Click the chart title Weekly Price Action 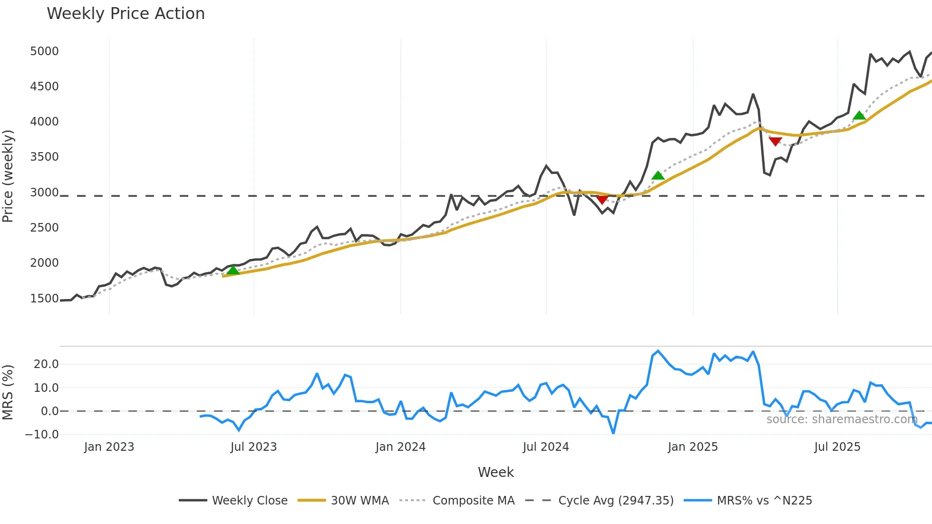(x=126, y=14)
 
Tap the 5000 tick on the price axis (x=44, y=51)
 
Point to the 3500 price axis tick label (x=44, y=157)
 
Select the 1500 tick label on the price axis (x=44, y=299)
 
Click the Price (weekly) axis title (x=8, y=176)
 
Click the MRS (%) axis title (x=8, y=392)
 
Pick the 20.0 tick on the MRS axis (x=46, y=364)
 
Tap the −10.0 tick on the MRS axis (x=42, y=435)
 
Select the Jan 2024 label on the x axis (x=400, y=447)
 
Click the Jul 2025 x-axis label (x=837, y=447)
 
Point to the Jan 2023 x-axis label (x=109, y=447)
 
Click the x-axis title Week (x=495, y=472)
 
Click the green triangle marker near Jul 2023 (x=233, y=271)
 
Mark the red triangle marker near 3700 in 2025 (x=775, y=141)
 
